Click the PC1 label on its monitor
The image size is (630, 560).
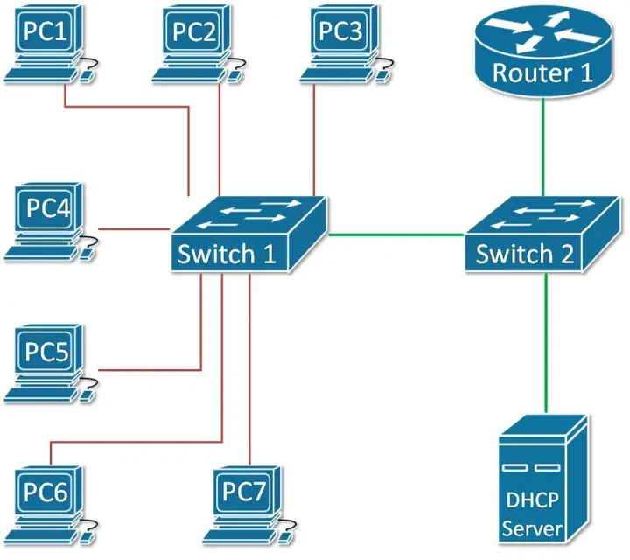pyautogui.click(x=45, y=31)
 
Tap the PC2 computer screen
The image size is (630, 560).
pyautogui.click(x=195, y=32)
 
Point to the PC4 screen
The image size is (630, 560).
pyautogui.click(x=48, y=207)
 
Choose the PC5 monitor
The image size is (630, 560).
pyautogui.click(x=47, y=351)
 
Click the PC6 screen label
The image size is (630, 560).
pyautogui.click(x=45, y=492)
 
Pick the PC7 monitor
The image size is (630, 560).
pyautogui.click(x=245, y=492)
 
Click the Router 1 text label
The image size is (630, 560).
pyautogui.click(x=542, y=73)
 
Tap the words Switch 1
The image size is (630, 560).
pyautogui.click(x=227, y=254)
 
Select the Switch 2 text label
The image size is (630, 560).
pyautogui.click(x=525, y=254)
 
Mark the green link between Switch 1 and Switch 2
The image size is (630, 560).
pyautogui.click(x=396, y=234)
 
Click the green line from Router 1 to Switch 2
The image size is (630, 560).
pyautogui.click(x=542, y=147)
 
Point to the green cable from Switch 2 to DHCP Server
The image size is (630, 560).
pyautogui.click(x=546, y=343)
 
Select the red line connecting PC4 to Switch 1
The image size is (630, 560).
pyautogui.click(x=134, y=229)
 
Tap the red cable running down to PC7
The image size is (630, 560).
pyautogui.click(x=249, y=369)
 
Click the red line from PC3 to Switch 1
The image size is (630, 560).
pyautogui.click(x=314, y=141)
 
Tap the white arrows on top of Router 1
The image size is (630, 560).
pyautogui.click(x=542, y=31)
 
